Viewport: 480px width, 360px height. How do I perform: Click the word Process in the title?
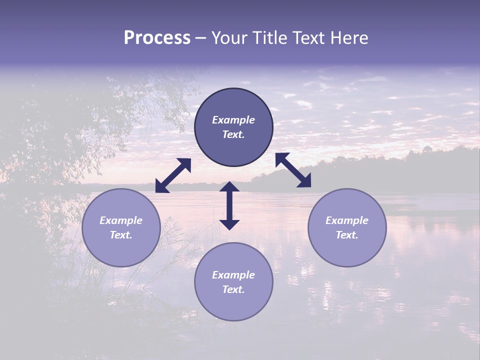(157, 38)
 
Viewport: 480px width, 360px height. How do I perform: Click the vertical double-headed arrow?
(229, 205)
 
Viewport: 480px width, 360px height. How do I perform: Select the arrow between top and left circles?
(173, 175)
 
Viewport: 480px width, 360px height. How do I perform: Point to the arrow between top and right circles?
(293, 170)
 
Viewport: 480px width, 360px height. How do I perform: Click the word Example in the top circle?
(233, 120)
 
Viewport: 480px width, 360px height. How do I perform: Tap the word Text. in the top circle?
(233, 134)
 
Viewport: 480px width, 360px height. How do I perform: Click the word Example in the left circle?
(121, 220)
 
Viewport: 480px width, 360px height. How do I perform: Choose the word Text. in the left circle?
(121, 235)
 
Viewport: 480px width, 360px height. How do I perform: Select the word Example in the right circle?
(347, 220)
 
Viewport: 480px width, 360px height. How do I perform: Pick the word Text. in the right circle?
(347, 235)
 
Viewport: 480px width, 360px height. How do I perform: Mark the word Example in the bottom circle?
(233, 275)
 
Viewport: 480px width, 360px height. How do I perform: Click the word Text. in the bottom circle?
(233, 289)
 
